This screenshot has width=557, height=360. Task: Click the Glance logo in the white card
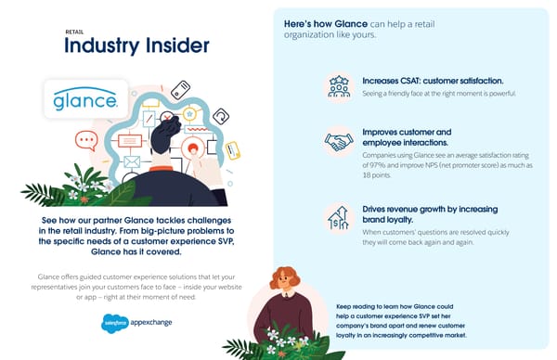click(83, 99)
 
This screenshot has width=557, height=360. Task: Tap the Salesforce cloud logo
click(114, 323)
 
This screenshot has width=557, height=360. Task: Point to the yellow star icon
click(190, 114)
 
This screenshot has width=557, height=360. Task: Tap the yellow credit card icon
click(233, 148)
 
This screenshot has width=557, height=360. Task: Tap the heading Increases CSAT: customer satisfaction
click(432, 80)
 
